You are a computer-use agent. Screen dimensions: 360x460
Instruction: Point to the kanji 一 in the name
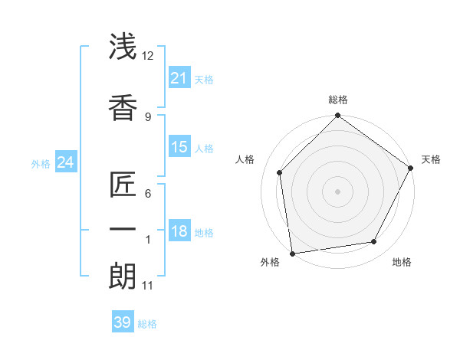(x=123, y=230)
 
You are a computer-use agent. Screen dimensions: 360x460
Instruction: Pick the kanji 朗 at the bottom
(x=123, y=277)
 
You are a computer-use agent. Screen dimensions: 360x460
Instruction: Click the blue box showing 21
(x=179, y=78)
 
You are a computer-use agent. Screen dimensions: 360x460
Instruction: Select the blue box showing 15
(x=179, y=147)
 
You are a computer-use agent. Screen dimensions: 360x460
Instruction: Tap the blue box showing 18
(x=179, y=232)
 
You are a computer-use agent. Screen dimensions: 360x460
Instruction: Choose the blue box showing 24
(x=65, y=162)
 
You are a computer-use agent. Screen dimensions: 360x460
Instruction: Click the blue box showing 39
(x=123, y=322)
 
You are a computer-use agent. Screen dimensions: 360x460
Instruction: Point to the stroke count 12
(x=148, y=55)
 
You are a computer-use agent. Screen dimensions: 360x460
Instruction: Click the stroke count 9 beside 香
(x=148, y=116)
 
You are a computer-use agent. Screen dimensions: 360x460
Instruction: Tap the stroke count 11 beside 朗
(x=148, y=286)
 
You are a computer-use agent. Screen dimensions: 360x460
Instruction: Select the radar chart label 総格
(x=338, y=100)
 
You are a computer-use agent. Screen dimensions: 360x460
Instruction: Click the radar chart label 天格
(x=431, y=159)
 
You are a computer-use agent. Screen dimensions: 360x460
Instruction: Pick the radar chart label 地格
(x=402, y=262)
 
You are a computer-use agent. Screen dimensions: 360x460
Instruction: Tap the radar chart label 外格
(x=270, y=262)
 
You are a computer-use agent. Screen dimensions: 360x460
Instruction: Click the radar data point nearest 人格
(x=280, y=172)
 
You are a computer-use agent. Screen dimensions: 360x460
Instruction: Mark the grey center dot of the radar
(x=337, y=191)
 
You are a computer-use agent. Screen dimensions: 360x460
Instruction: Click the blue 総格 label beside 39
(x=147, y=324)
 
